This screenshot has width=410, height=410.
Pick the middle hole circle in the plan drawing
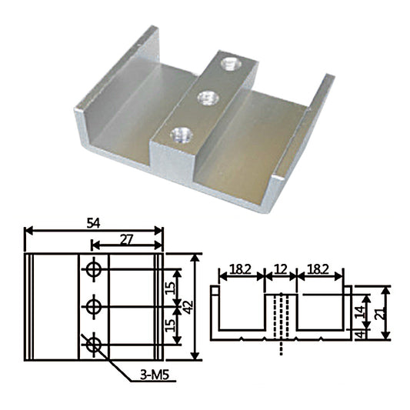[95, 307]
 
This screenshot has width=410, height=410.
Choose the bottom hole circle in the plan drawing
[95, 345]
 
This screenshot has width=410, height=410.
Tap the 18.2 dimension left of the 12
[239, 270]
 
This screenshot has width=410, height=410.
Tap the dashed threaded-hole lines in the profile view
[282, 323]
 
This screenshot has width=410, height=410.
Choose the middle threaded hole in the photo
[205, 97]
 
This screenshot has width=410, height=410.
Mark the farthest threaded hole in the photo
[228, 63]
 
